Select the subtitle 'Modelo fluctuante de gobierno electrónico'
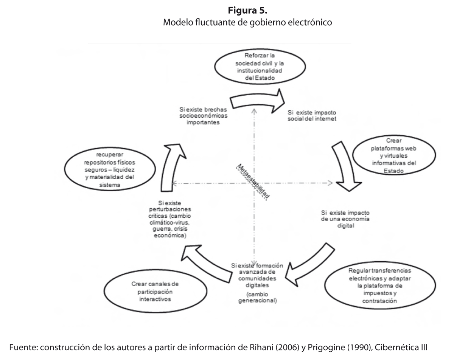(x=247, y=22)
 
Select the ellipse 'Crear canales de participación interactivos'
(x=150, y=291)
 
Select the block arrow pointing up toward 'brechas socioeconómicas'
(x=171, y=163)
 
